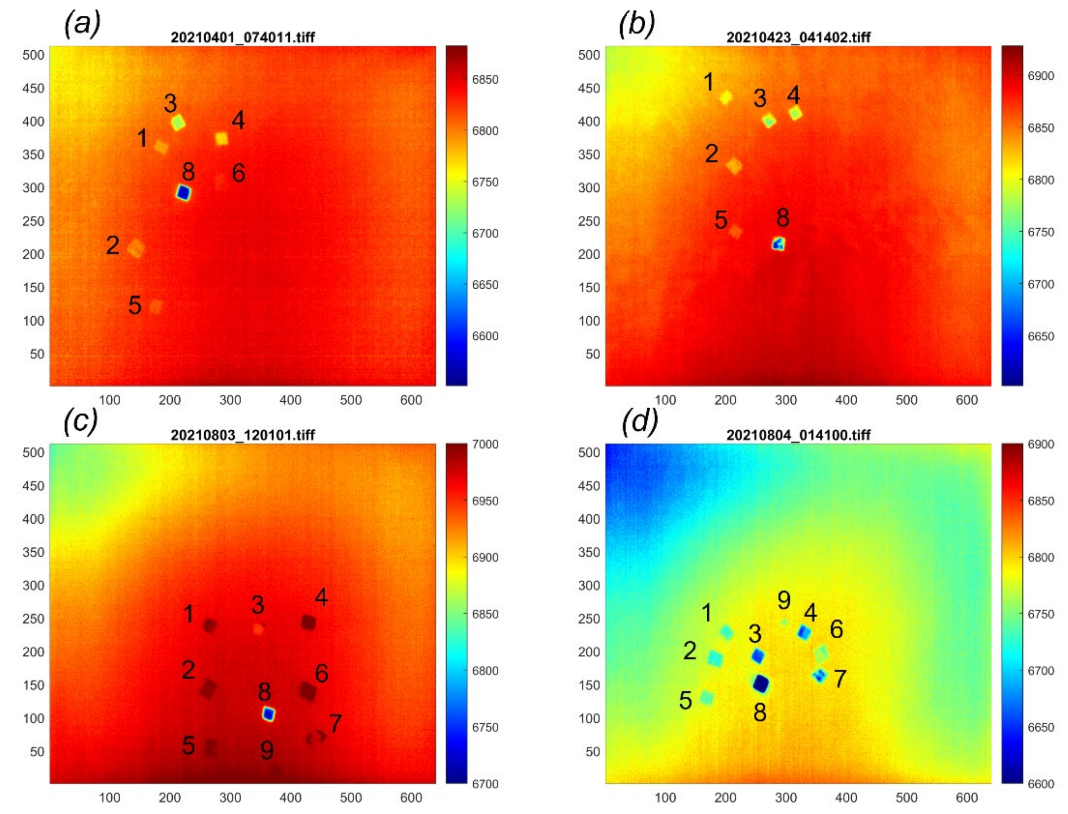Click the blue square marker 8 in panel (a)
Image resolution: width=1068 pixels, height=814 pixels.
pyautogui.click(x=183, y=193)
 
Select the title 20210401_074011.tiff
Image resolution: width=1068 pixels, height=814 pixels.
pyautogui.click(x=243, y=37)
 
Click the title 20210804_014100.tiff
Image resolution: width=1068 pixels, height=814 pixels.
pyautogui.click(x=798, y=435)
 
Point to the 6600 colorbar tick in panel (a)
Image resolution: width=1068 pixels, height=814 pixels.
pyautogui.click(x=485, y=336)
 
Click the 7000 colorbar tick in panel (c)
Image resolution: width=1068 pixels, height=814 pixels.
pyautogui.click(x=485, y=444)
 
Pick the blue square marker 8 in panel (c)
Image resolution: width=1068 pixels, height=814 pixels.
pyautogui.click(x=268, y=714)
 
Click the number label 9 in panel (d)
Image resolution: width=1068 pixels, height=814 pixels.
pyautogui.click(x=784, y=600)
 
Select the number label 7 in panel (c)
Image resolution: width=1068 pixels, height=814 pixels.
pyautogui.click(x=335, y=723)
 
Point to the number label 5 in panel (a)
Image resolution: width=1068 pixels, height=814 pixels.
pyautogui.click(x=135, y=305)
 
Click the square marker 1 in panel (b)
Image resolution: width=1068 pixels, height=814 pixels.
pyautogui.click(x=725, y=97)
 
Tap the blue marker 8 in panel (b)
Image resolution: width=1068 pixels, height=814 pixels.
pyautogui.click(x=779, y=244)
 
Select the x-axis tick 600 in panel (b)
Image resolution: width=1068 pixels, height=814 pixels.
pyautogui.click(x=966, y=400)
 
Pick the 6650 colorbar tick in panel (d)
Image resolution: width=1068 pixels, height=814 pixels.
pyautogui.click(x=1040, y=727)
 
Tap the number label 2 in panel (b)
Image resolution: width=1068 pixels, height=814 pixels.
pyautogui.click(x=711, y=154)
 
